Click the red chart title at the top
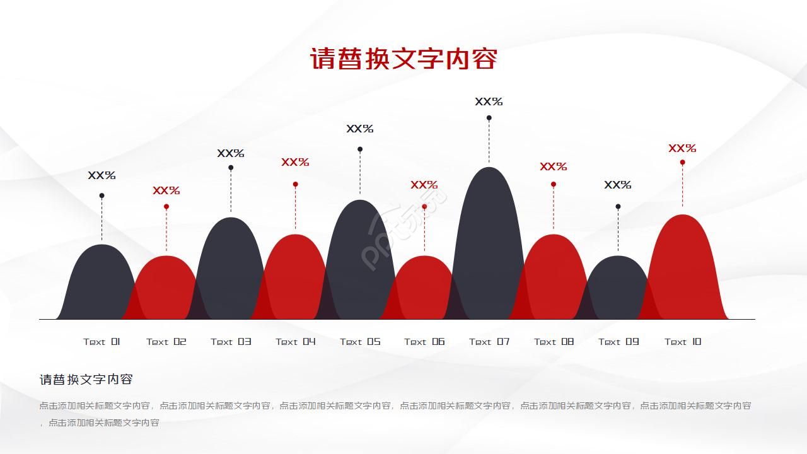pos(403,59)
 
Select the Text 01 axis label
pos(102,342)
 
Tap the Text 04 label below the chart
pos(295,342)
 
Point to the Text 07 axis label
pos(489,342)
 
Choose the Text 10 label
pos(683,342)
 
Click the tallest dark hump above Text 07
pos(489,246)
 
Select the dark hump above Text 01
pos(101,284)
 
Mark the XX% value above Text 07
pos(489,102)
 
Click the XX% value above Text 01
pos(102,176)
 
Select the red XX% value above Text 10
pos(682,149)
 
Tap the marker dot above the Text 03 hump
pos(231,168)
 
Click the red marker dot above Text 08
pos(554,184)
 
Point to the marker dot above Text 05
pos(360,149)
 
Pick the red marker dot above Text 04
pos(295,184)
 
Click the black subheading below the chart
pos(86,380)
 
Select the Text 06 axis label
pos(424,342)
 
